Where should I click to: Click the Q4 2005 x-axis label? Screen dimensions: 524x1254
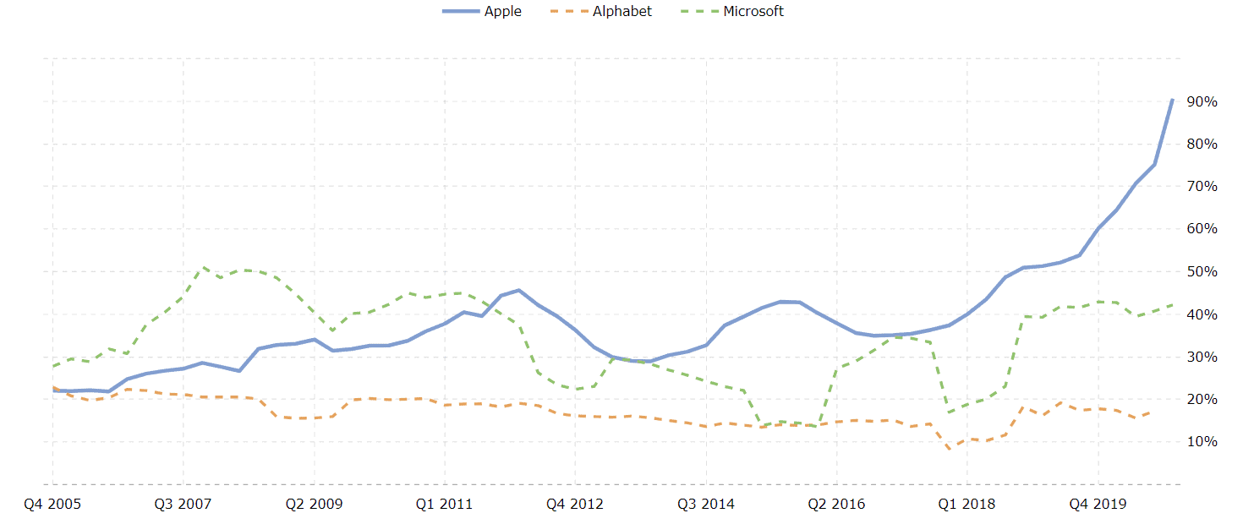coord(52,505)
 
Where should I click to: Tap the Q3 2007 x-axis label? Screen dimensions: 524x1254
coord(183,505)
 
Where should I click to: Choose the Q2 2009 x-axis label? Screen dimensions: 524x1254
coord(314,505)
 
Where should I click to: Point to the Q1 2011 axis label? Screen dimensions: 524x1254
coord(445,505)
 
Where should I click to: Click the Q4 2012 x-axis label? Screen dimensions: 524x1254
coord(575,505)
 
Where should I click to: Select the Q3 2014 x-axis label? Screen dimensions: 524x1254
coord(706,505)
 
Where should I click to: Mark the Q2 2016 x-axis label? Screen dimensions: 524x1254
coord(836,505)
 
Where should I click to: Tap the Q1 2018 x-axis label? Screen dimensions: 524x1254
coord(967,505)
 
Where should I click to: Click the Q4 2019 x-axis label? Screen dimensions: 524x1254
coord(1098,505)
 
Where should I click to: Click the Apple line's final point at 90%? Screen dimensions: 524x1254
coord(1173,100)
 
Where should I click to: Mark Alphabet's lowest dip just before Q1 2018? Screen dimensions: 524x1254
coord(950,449)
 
